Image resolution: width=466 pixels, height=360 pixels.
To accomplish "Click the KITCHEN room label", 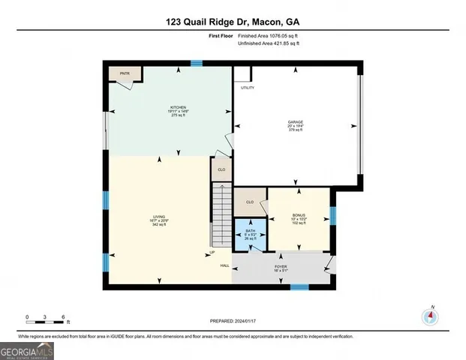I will (178, 107).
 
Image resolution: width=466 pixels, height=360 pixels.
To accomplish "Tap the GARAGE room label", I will (296, 121).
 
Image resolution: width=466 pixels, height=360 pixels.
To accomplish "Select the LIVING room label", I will (159, 217).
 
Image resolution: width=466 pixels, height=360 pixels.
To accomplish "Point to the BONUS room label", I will (299, 215).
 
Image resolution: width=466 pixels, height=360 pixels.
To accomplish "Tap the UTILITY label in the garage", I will (248, 88).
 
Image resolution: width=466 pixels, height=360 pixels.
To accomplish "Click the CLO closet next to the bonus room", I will (249, 201).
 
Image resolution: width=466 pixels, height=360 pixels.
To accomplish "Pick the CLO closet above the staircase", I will (221, 169).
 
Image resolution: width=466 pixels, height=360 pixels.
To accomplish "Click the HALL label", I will (224, 265).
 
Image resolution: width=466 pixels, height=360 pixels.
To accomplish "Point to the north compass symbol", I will (430, 316).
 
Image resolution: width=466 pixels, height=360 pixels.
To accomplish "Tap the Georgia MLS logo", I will (28, 350).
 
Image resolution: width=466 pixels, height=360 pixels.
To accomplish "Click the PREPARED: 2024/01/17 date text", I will (233, 321).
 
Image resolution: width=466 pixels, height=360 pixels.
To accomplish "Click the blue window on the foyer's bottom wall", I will (300, 286).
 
